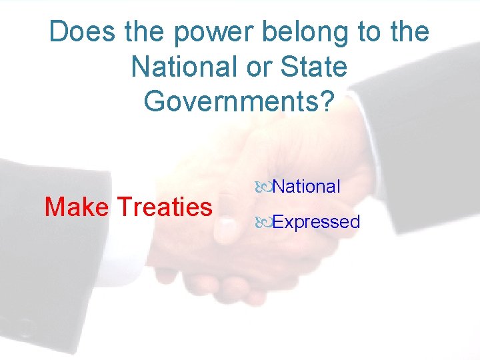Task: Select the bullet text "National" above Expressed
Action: point(306,187)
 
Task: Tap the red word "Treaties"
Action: point(164,207)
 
